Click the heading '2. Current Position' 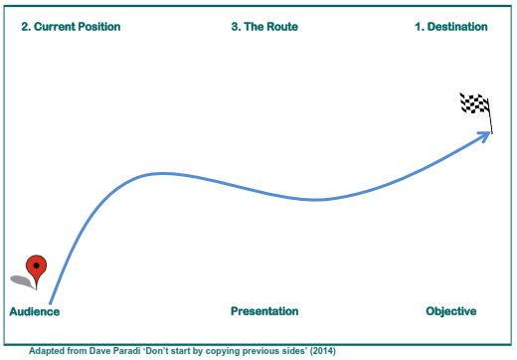click(71, 27)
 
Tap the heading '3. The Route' click(264, 27)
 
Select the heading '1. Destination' click(451, 27)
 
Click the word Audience click(35, 311)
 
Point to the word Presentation click(264, 311)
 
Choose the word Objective click(451, 311)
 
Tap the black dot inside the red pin click(37, 266)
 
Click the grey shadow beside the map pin click(23, 281)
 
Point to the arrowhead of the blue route click(484, 136)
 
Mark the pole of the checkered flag click(490, 116)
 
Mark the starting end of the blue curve click(50, 303)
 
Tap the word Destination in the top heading click(457, 27)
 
